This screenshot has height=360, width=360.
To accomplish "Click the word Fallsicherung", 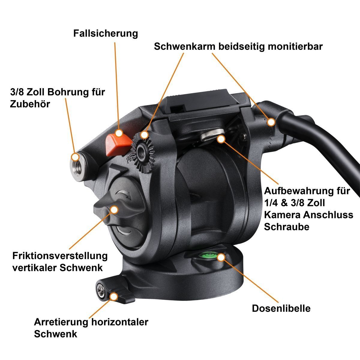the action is pos(106,34).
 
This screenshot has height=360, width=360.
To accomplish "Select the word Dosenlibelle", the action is pos(281,308).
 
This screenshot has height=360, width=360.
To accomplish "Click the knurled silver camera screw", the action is pos(212,134).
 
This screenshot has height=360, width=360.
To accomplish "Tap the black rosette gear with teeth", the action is pos(143,152).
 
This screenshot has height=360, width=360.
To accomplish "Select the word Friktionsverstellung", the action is pos(60,256).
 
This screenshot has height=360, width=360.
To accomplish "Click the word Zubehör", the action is pos(30,104).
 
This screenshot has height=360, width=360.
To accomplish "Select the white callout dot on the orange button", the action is pos(119,133).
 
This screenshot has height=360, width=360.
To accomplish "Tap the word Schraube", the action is pos(286,227).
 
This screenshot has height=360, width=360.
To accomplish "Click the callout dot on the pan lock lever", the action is pos(114,296).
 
